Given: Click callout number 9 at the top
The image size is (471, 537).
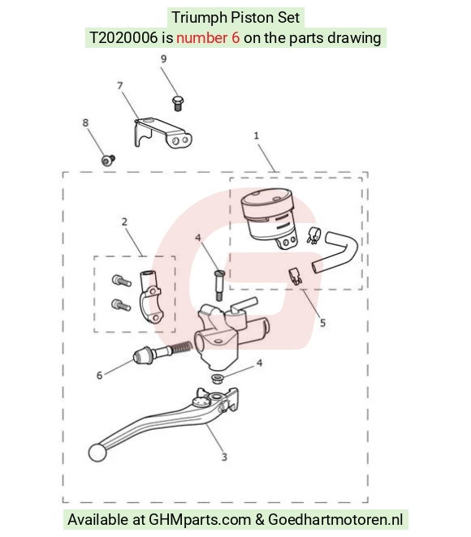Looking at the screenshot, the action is coord(163,59).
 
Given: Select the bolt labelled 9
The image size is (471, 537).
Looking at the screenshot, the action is coord(177,104).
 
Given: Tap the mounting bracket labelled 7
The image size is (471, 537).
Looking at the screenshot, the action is coord(162,134).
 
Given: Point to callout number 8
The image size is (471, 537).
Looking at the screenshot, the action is coord(85,122).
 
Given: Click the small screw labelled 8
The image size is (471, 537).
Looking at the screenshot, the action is coord(108,160).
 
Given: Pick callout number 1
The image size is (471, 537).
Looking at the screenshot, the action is coord(256,136).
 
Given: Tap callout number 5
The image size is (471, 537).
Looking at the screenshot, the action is coord(322,323).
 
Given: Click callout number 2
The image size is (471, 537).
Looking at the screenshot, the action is coord(124,222).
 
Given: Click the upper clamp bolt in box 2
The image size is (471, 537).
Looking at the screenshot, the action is coord(121,281).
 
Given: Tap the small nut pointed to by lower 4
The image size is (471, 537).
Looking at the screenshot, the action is coord(218,379).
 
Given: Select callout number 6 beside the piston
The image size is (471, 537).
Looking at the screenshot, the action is coord(99,376).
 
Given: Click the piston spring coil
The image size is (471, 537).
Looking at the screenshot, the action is coord(181,347).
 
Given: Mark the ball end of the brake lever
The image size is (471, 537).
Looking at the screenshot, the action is coord(97,453).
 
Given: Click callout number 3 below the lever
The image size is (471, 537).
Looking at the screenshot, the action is coord(224,457).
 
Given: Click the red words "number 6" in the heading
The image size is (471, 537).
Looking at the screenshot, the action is coord(208,37).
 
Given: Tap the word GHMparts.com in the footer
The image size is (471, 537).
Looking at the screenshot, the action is coord(200,519).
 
